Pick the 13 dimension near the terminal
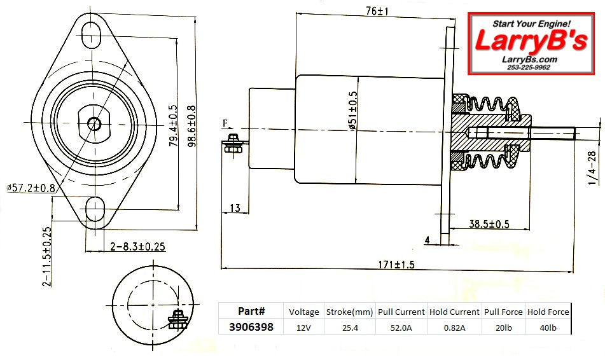[234, 208]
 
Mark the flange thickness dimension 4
[428, 239]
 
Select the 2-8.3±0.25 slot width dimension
[137, 246]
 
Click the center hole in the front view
[95, 122]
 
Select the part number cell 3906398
[251, 327]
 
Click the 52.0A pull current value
[401, 327]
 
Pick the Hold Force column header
[548, 312]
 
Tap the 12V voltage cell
[303, 327]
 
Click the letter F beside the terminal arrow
[225, 122]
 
